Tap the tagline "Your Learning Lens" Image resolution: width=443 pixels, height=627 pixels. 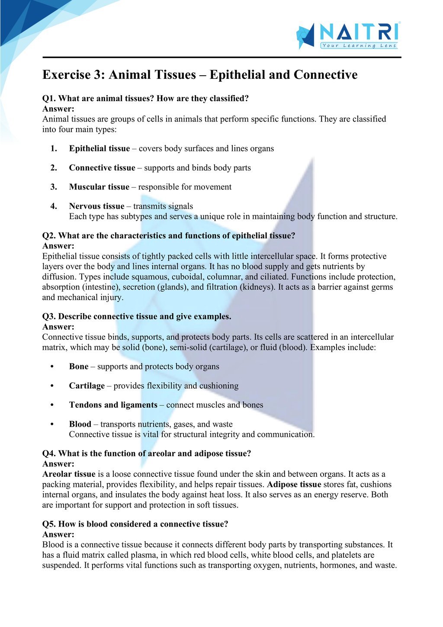359,45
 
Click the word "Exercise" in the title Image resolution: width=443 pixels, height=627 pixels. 67,75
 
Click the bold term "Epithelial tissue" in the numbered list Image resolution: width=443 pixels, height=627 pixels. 99,148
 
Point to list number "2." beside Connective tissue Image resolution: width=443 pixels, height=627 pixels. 54,168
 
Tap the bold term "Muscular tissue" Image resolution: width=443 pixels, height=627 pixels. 99,187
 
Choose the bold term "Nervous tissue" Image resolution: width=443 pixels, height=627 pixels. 96,206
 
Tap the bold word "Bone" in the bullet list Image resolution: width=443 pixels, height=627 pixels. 79,367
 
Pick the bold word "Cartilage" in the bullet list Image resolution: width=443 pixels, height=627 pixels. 87,386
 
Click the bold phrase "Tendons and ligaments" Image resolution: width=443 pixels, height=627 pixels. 113,405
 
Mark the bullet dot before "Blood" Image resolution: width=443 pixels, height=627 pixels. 52,424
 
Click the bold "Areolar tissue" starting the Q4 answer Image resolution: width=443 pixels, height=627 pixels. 69,474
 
